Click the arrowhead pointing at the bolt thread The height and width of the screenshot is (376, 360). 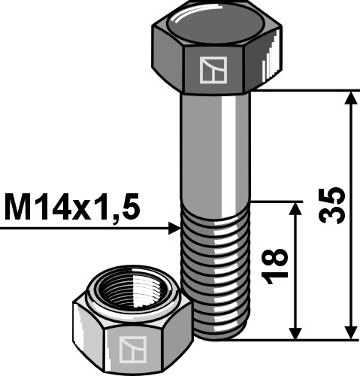pyautogui.click(x=172, y=226)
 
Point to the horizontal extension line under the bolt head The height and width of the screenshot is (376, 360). pyautogui.click(x=308, y=90)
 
